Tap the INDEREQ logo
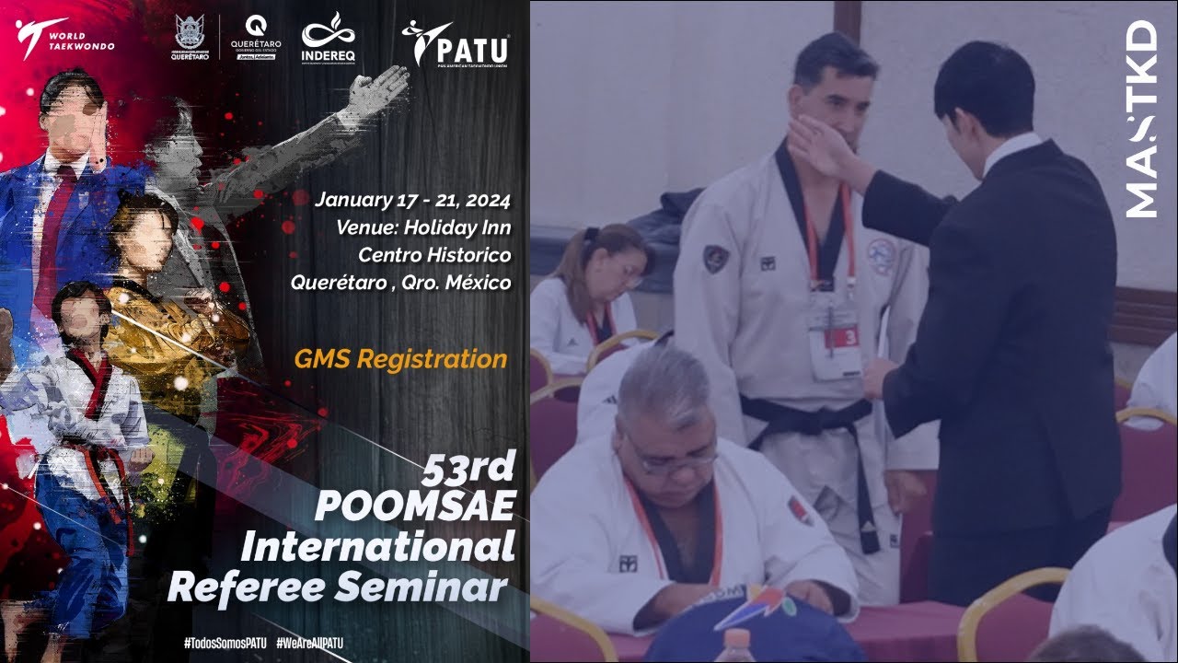click(x=329, y=39)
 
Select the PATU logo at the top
click(x=455, y=42)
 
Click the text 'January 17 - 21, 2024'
click(x=412, y=199)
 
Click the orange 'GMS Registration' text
click(x=400, y=359)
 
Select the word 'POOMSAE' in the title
click(x=415, y=508)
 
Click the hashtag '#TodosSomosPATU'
click(x=225, y=643)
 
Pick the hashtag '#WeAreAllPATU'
click(x=309, y=643)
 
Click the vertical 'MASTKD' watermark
click(x=1141, y=120)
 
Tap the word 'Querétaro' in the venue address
click(x=338, y=282)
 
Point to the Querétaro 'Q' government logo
click(x=257, y=37)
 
